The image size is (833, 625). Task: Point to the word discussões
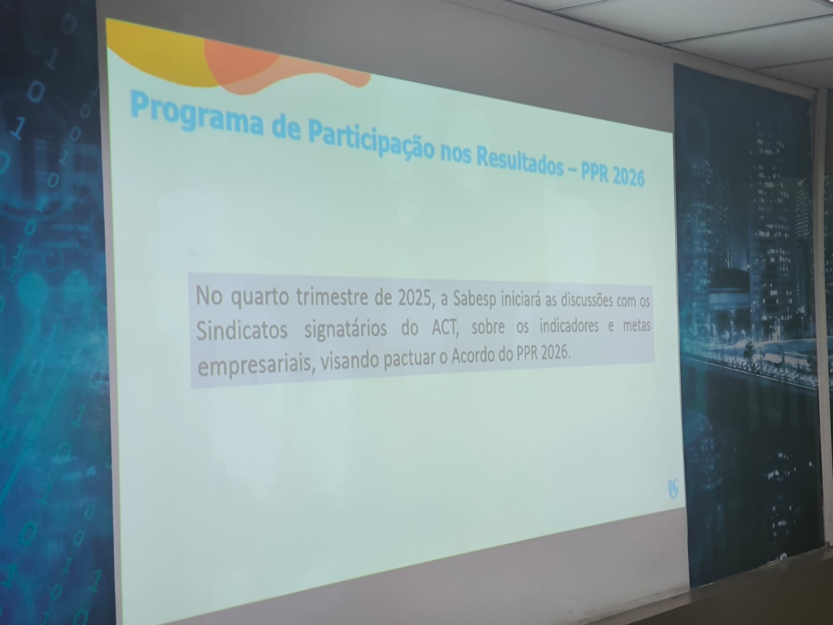coord(582,301)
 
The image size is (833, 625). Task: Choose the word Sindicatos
coord(242,330)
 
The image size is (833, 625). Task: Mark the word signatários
coord(346,329)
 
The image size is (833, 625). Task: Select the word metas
coord(637,326)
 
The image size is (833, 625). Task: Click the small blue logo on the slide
coord(673,489)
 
